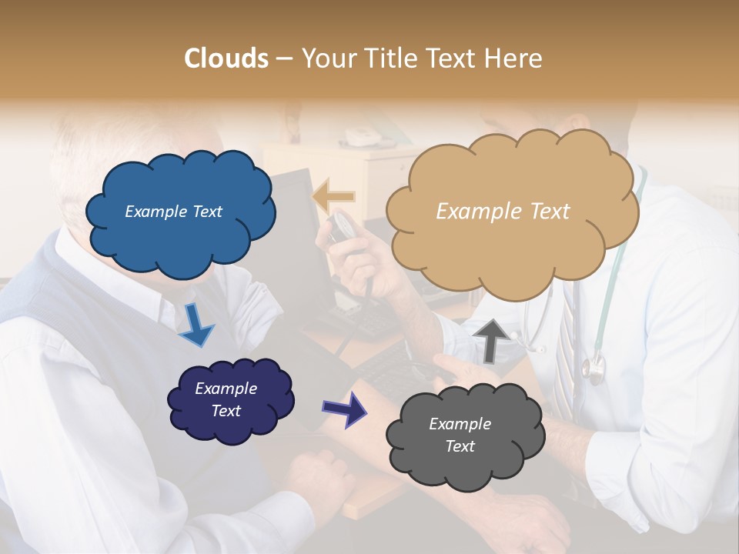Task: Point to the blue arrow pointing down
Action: pyautogui.click(x=196, y=324)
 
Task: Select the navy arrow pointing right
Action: pyautogui.click(x=344, y=409)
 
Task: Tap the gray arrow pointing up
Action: pyautogui.click(x=490, y=339)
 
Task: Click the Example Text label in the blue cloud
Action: pyautogui.click(x=173, y=212)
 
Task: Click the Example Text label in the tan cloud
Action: pyautogui.click(x=503, y=212)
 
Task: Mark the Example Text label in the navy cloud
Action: pyautogui.click(x=226, y=399)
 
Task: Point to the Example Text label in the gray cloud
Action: pyautogui.click(x=460, y=435)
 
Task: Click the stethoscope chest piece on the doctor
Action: pyautogui.click(x=594, y=369)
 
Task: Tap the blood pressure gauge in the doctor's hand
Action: pyautogui.click(x=342, y=226)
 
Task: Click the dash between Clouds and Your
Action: pyautogui.click(x=283, y=59)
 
